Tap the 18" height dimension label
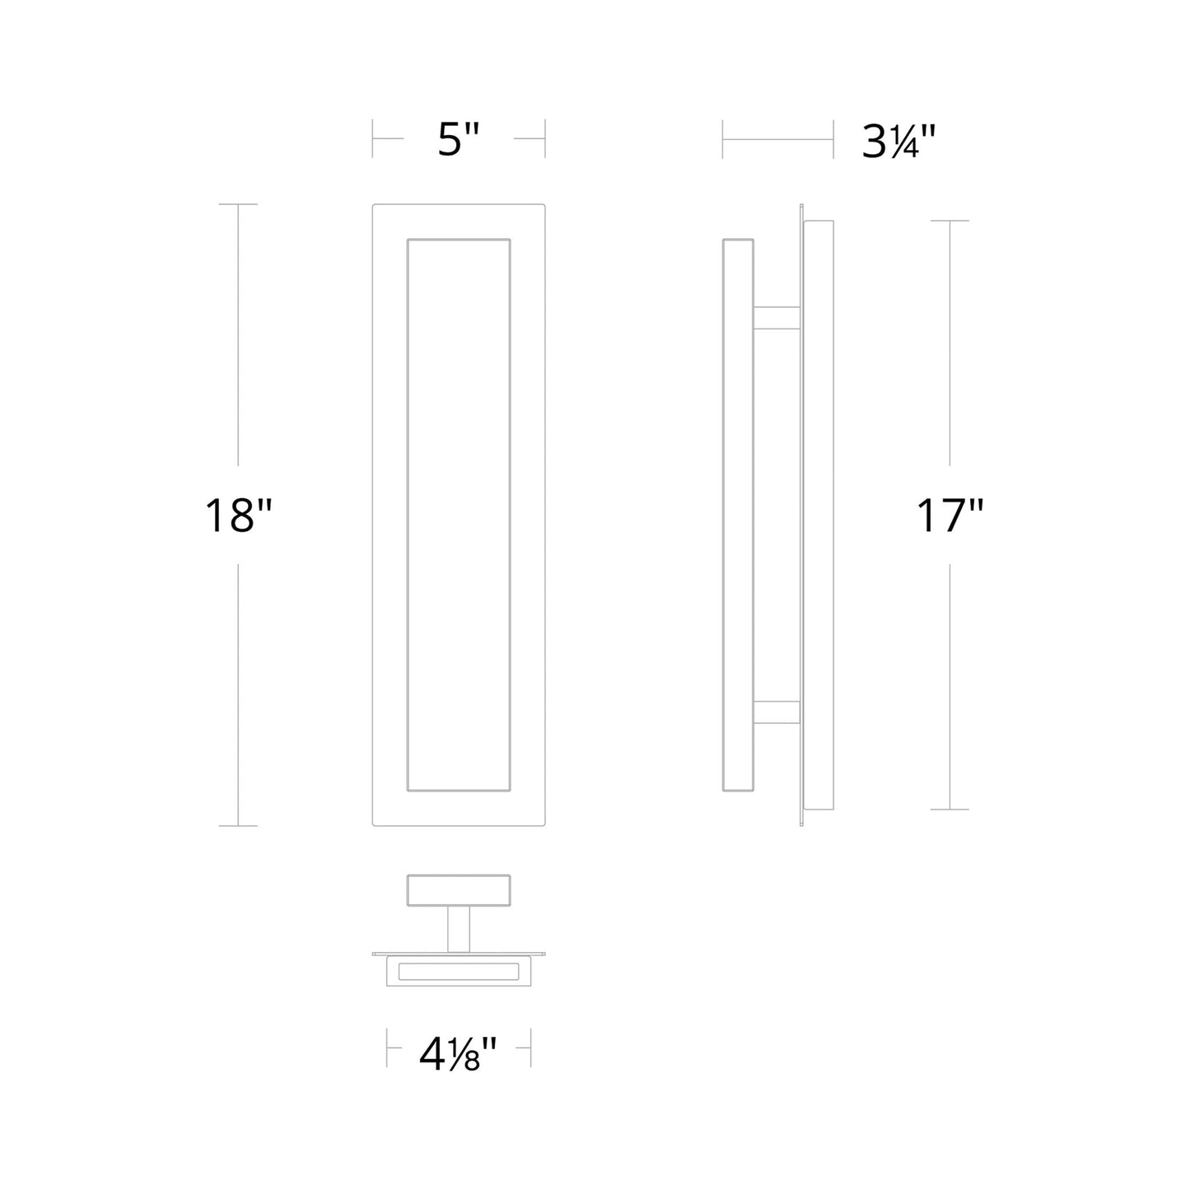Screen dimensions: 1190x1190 238,516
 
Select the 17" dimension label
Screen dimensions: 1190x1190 950,516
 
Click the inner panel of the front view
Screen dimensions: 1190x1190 459,515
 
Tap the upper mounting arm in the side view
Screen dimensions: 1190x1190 777,320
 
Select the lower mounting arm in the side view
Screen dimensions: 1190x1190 777,712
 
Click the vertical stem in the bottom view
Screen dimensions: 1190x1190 459,927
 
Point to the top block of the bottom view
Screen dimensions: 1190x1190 459,889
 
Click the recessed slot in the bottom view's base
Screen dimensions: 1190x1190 459,972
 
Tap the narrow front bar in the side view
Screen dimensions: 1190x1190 738,515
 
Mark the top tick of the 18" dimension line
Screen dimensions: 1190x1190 238,204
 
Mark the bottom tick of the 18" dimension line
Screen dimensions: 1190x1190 238,825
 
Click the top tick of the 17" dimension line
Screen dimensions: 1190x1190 950,221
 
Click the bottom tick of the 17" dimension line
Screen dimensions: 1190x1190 950,809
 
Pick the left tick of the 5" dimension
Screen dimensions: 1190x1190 373,139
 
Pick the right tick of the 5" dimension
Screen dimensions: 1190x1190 545,139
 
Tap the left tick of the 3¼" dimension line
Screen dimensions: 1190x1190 723,139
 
